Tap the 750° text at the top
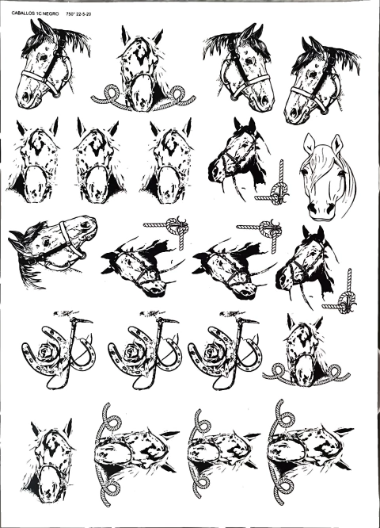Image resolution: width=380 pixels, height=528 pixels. tap(70, 13)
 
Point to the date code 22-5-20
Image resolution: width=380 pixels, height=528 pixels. tap(84, 13)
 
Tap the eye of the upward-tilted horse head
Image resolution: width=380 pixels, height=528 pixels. tap(45, 242)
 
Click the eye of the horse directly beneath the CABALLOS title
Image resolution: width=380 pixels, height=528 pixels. tap(44, 58)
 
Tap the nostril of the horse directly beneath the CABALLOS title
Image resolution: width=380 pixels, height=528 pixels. tap(25, 97)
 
